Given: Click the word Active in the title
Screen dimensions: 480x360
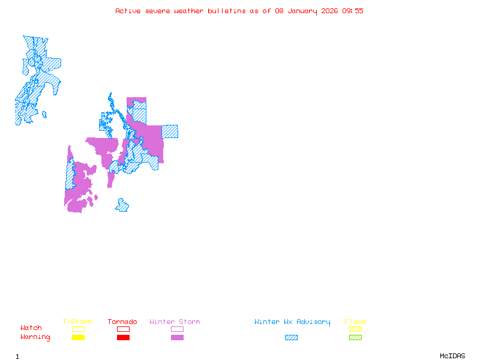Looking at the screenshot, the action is point(128,11).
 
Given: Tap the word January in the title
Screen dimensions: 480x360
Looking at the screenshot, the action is point(295,11).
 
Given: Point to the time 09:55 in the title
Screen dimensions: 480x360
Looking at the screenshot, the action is point(352,11).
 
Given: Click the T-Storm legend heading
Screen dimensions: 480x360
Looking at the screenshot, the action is point(77,322).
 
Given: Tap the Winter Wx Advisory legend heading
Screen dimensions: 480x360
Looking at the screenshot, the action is point(292,322).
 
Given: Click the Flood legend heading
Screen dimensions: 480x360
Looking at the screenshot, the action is point(355,322).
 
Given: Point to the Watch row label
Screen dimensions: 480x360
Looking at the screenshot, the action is point(31,328).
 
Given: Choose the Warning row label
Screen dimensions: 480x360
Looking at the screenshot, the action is point(35,337).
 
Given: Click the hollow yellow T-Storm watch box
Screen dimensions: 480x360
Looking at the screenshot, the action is point(78,329).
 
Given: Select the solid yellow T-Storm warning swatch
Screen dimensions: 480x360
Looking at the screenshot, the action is point(78,338).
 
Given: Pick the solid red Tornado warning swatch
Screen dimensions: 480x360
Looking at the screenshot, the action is point(123,338).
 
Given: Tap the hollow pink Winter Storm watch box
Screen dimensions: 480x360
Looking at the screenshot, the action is point(177,329).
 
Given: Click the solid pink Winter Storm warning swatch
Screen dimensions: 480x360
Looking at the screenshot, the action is point(177,338).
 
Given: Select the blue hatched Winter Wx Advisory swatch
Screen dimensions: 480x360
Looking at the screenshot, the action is point(291,338).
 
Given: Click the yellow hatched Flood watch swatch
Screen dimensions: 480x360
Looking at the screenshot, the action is point(355,329).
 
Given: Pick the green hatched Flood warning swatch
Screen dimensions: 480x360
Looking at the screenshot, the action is point(355,338).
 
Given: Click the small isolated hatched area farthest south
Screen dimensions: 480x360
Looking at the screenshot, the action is point(122,206).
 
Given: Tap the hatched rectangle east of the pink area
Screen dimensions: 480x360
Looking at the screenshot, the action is point(170,131).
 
